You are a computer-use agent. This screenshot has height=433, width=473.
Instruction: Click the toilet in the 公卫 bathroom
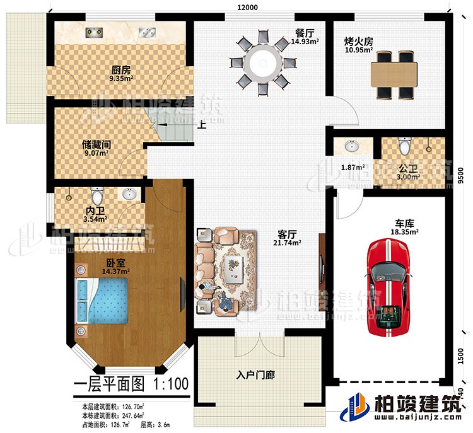404,147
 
